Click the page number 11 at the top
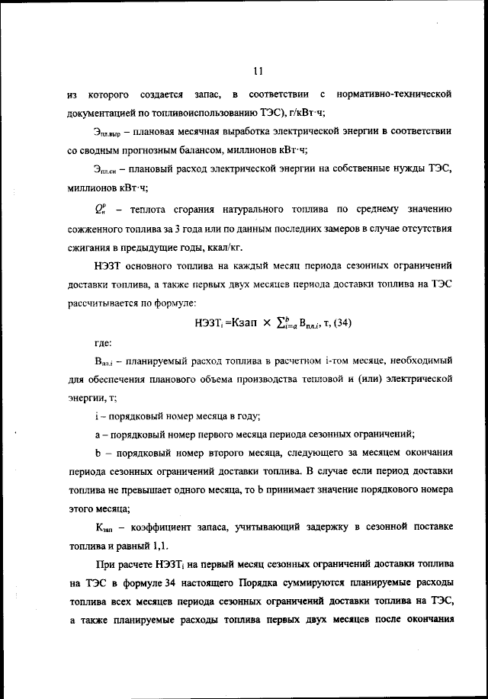click(x=256, y=72)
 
